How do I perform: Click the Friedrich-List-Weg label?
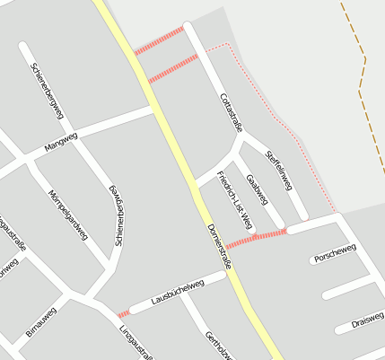coord(235,198)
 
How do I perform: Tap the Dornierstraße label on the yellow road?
coord(220,244)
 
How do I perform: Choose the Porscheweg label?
coord(335,252)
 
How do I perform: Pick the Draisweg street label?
coord(367,320)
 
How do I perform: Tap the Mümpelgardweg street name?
coord(68,215)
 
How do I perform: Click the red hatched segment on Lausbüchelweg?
coord(123,313)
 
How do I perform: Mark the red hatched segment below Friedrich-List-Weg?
coord(256,238)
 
